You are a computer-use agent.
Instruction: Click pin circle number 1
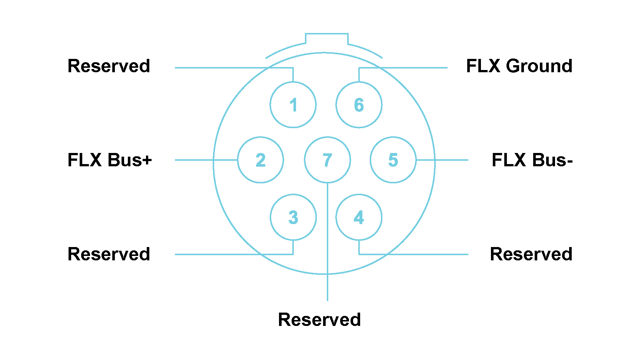(293, 105)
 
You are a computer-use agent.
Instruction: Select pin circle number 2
(260, 160)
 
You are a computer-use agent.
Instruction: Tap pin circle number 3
(293, 217)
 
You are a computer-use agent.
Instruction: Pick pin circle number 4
(359, 217)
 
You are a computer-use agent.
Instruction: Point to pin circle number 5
(393, 160)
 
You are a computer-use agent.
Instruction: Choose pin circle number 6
(359, 105)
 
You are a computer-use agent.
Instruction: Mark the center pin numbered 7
(327, 160)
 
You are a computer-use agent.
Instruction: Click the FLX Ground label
(519, 66)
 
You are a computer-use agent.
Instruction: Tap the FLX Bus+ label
(110, 160)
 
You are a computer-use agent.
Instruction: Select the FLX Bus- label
(532, 160)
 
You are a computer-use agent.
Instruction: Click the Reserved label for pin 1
(109, 66)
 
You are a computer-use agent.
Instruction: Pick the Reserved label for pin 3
(109, 254)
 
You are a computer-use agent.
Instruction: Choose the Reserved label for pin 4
(531, 254)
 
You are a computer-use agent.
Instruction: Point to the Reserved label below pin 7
(319, 320)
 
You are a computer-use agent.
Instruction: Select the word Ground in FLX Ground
(539, 66)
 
